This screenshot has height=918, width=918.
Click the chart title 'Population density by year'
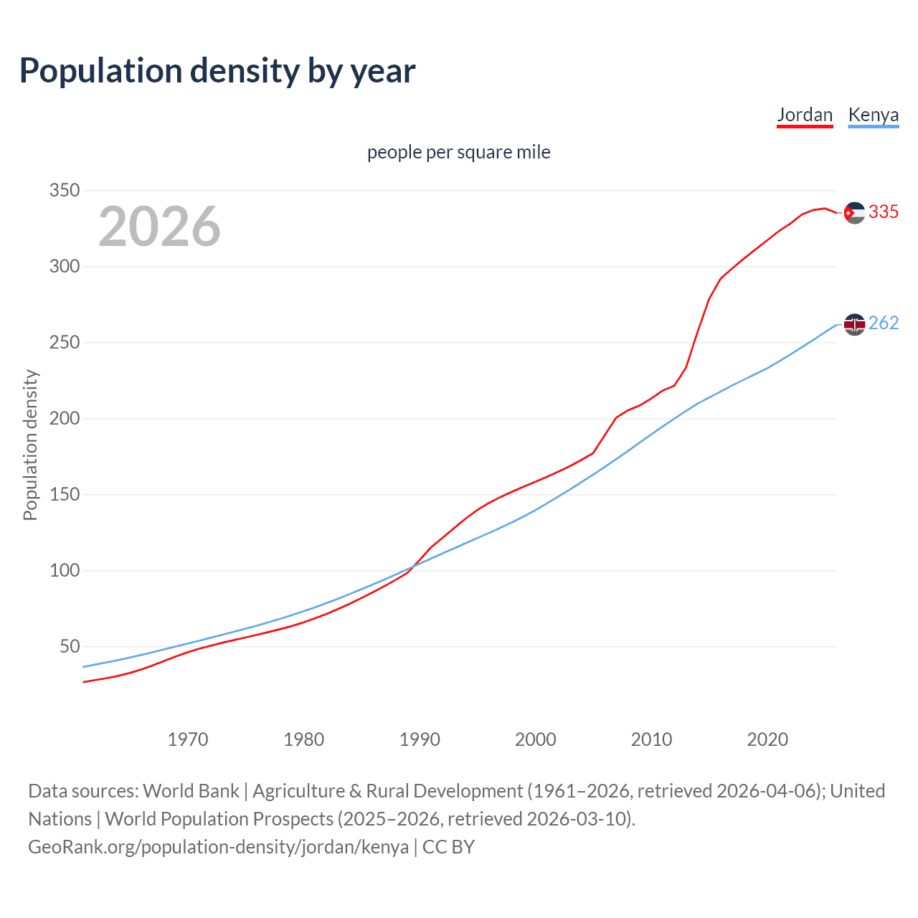(217, 71)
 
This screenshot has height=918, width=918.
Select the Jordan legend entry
(805, 115)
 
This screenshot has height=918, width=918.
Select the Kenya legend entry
(873, 115)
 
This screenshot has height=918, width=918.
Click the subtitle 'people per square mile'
(458, 152)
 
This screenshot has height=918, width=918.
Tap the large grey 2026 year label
(159, 227)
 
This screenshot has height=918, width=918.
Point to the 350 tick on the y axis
(64, 191)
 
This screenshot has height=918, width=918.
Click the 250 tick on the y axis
(64, 343)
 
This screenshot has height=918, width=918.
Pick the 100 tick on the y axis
(64, 571)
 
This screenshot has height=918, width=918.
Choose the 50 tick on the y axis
(70, 647)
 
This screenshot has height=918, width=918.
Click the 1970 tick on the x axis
(188, 739)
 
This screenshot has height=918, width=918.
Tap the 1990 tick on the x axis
(420, 739)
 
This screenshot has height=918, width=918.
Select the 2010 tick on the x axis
(651, 739)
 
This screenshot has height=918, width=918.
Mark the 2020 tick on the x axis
(767, 739)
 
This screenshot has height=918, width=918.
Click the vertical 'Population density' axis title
(30, 445)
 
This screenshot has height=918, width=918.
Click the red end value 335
(884, 212)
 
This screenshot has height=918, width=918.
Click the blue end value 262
(884, 323)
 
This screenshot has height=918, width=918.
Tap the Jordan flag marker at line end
(854, 212)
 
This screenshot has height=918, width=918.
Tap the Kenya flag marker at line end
(854, 325)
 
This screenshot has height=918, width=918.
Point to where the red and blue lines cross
(412, 567)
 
